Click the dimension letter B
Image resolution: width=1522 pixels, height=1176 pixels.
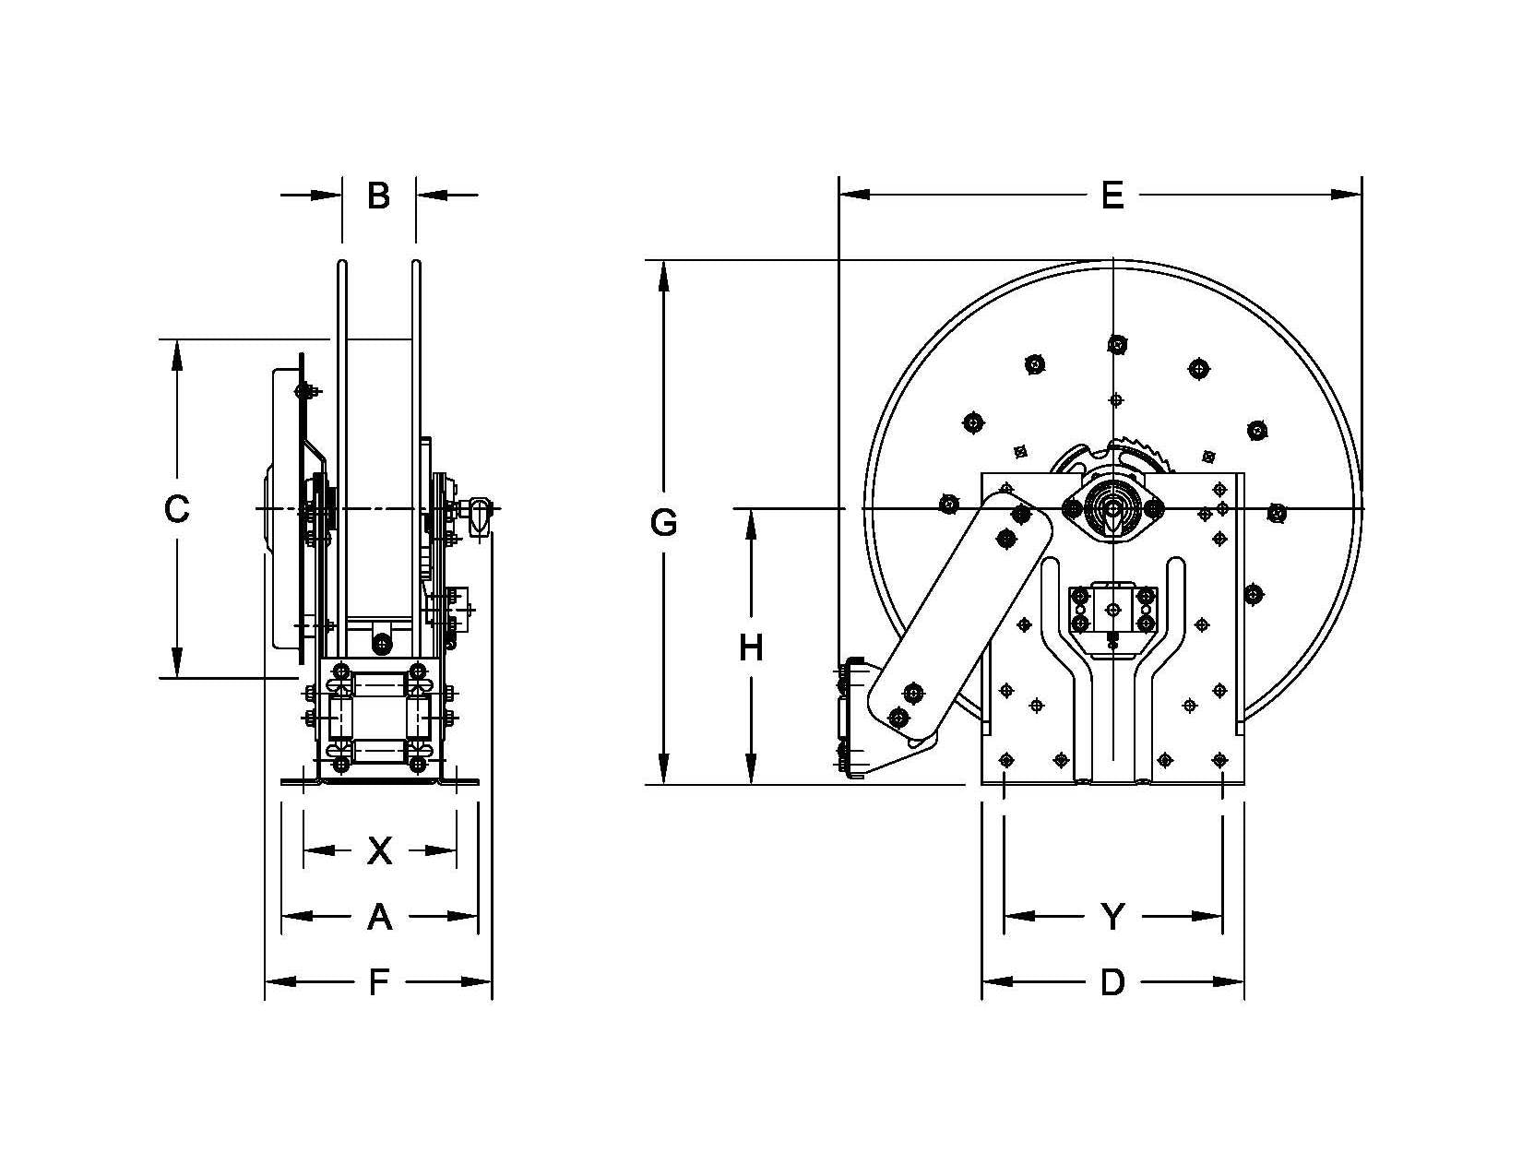click(x=378, y=196)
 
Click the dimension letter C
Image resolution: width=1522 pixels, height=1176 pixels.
click(x=176, y=509)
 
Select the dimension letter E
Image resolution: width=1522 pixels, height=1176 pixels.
click(x=1112, y=196)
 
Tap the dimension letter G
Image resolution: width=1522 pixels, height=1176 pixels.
click(x=663, y=523)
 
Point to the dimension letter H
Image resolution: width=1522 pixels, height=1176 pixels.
click(x=751, y=648)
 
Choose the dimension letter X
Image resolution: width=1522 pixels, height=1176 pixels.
click(x=379, y=851)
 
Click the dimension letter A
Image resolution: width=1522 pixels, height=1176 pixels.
click(x=379, y=917)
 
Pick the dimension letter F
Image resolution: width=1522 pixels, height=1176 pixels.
click(x=378, y=983)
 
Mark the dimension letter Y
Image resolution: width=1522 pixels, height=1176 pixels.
click(x=1113, y=917)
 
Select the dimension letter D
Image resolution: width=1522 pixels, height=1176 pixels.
click(x=1113, y=983)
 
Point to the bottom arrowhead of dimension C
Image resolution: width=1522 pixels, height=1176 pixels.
click(x=176, y=663)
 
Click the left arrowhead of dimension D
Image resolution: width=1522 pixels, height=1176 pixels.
click(x=996, y=982)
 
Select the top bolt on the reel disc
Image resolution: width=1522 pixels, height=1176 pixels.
click(x=1117, y=345)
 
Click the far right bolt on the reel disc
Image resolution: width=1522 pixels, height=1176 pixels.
click(x=1277, y=513)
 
